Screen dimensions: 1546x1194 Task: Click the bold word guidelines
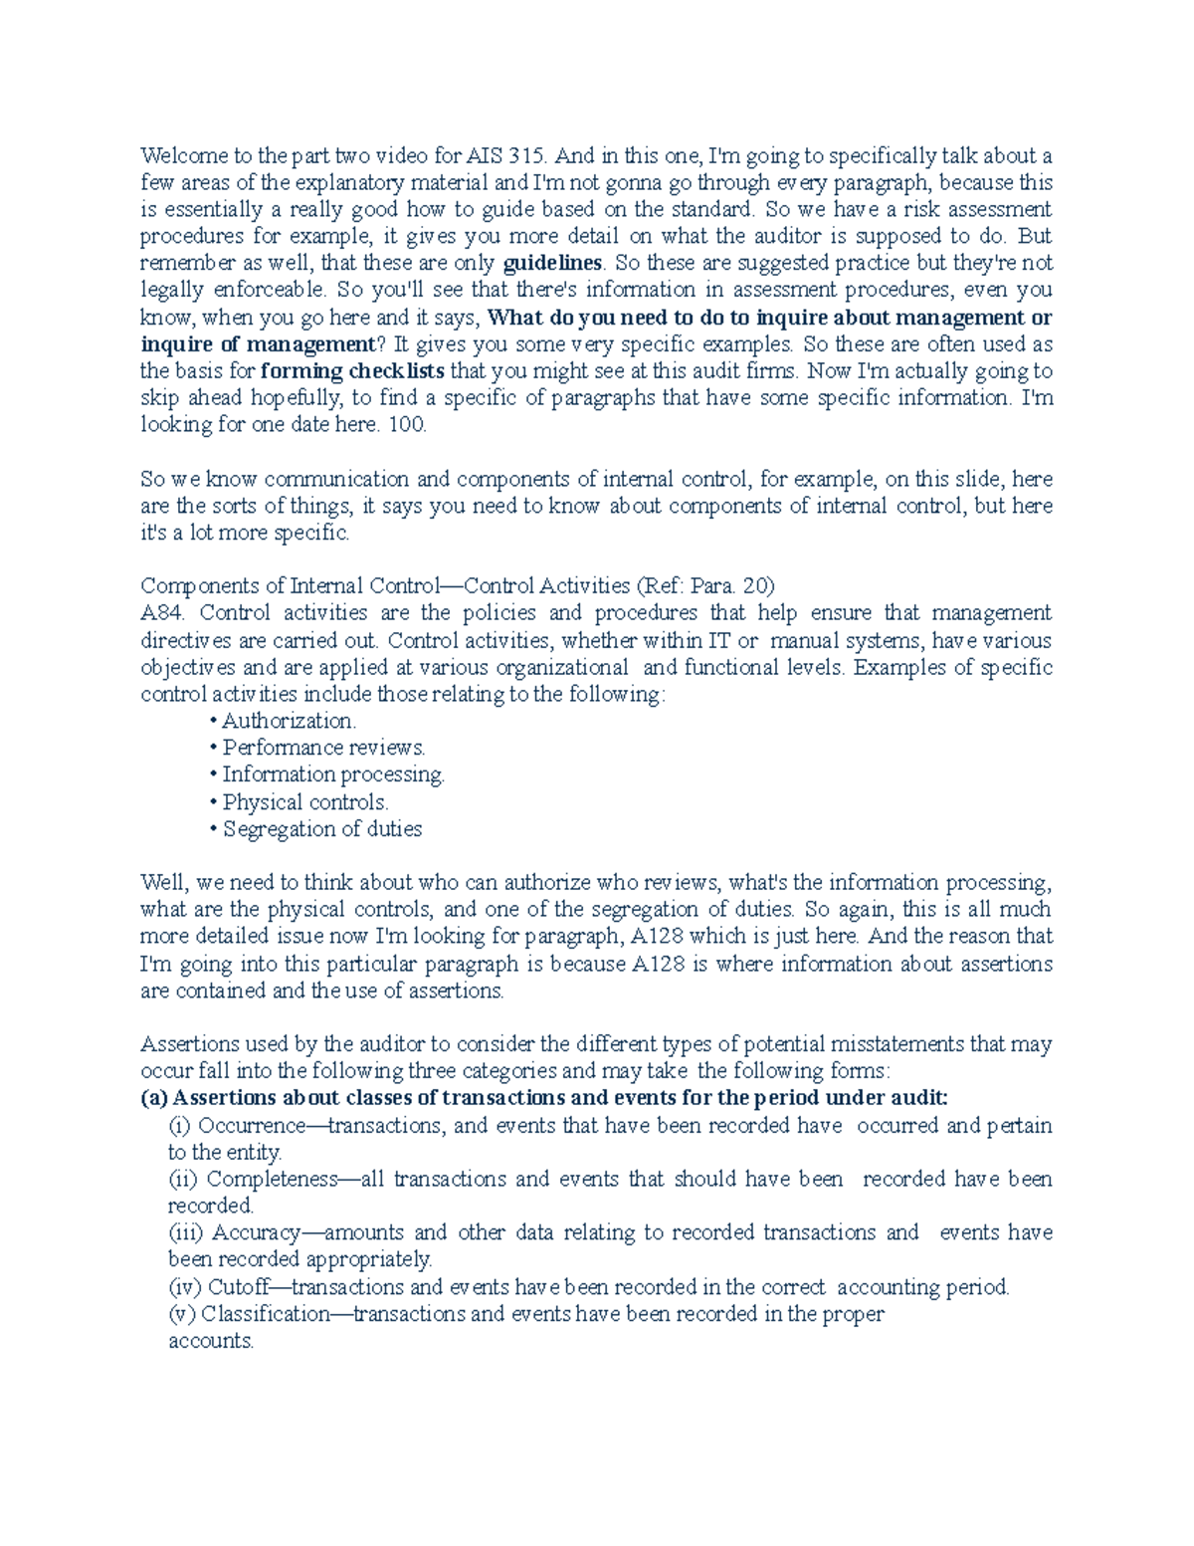click(x=553, y=264)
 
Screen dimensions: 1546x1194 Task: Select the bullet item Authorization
click(x=289, y=721)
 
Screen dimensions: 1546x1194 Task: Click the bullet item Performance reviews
click(x=323, y=748)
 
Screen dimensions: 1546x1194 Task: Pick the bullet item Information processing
click(x=333, y=774)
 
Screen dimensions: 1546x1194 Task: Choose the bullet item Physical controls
click(x=305, y=802)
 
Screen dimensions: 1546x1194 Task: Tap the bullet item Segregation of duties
click(x=322, y=829)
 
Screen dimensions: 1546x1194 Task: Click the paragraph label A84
click(x=159, y=613)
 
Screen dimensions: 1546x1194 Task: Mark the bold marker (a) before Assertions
click(x=154, y=1098)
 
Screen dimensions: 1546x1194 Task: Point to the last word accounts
click(x=211, y=1342)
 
